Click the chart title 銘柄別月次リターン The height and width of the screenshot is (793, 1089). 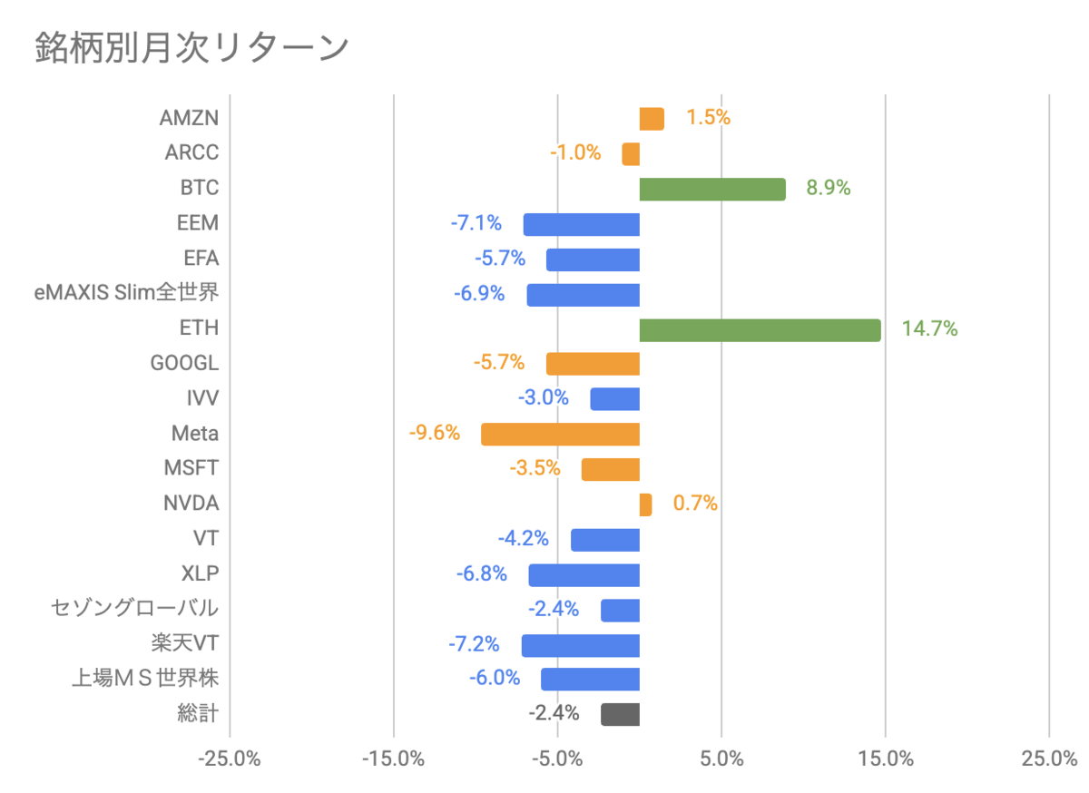point(191,48)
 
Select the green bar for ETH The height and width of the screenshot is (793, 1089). point(760,330)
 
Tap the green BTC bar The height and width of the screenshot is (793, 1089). point(712,189)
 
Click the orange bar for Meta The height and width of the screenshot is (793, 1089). point(560,435)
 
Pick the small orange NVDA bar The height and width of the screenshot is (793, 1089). point(645,504)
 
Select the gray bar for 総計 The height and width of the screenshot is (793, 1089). point(620,714)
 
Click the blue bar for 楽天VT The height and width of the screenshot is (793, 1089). point(581,646)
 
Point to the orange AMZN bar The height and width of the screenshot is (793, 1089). point(652,119)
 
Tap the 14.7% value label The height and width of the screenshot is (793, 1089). point(929,328)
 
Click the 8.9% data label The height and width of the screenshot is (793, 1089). point(829,188)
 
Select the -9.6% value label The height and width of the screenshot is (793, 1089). point(434,432)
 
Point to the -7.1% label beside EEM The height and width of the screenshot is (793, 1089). point(476,223)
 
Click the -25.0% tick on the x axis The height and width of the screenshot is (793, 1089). point(229,759)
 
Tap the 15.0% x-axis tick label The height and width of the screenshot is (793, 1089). point(886,759)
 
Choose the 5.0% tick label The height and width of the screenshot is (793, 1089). point(721,759)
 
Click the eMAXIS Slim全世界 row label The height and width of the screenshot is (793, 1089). point(126,292)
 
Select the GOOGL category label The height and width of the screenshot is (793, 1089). point(185,363)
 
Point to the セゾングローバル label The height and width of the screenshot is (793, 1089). point(134,608)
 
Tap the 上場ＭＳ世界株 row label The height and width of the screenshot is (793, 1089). point(145,678)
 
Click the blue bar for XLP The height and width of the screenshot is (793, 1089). point(584,575)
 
